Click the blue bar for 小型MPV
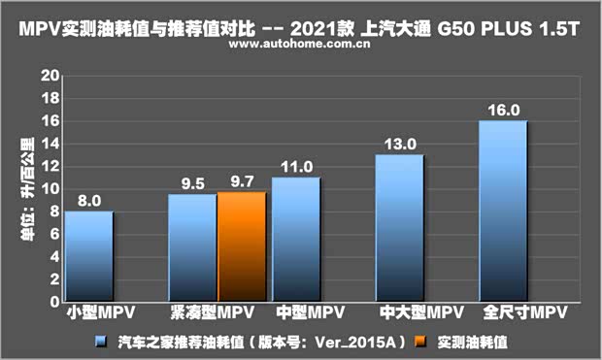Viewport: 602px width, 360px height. [88, 256]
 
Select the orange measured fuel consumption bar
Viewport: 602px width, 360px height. [241, 246]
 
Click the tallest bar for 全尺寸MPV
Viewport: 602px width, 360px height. [503, 211]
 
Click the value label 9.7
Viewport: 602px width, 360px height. [242, 181]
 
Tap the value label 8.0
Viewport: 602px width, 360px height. [88, 201]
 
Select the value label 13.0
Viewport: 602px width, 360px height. [399, 144]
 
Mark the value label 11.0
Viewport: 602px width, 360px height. [295, 166]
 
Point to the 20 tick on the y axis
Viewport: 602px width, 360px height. [50, 76]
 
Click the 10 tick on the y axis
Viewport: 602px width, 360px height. [50, 188]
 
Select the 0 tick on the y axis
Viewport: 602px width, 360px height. [54, 302]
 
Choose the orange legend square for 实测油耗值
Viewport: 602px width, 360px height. [419, 342]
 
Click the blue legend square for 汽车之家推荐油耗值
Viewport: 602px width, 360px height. [100, 342]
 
